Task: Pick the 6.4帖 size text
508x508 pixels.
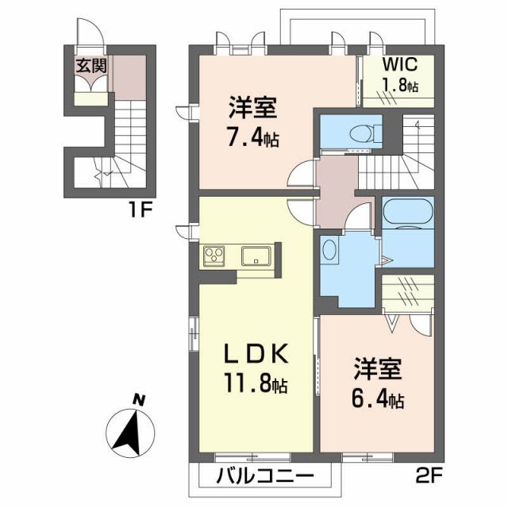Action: coord(378,399)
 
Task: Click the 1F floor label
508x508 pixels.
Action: coord(140,212)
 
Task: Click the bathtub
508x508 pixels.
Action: coord(406,214)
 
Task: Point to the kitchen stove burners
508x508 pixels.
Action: coord(214,256)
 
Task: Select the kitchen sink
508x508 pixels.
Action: coord(257,256)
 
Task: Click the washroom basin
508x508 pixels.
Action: coord(330,252)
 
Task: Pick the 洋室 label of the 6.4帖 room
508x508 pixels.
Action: coord(378,369)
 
